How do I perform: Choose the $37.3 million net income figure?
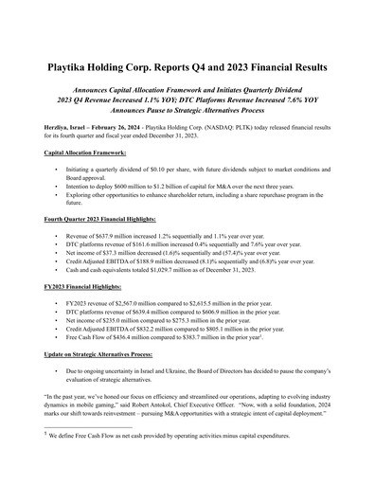pos(114,253)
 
